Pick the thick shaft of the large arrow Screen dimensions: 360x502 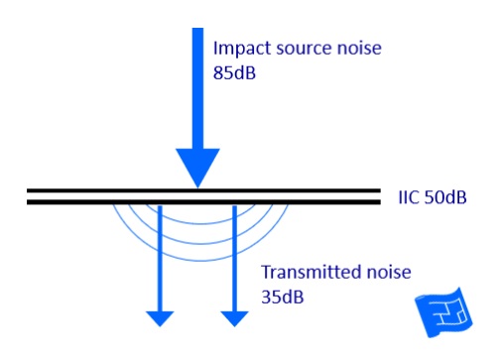[198, 89]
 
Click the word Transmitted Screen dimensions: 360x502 [309, 272]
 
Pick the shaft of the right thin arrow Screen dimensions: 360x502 [234, 258]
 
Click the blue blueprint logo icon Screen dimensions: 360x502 [445, 314]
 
